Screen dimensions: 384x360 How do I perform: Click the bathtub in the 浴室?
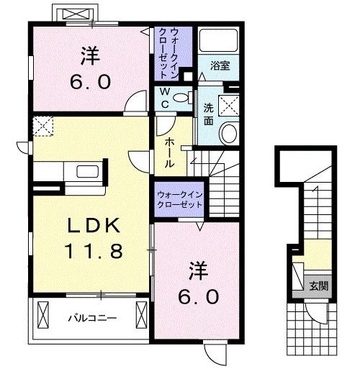219,42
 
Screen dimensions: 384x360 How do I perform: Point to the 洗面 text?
208,114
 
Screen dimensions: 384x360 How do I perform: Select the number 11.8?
96,252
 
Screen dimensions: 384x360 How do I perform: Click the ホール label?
168,153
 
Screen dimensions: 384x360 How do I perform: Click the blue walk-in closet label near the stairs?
179,198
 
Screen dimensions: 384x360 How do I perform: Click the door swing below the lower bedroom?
213,352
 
